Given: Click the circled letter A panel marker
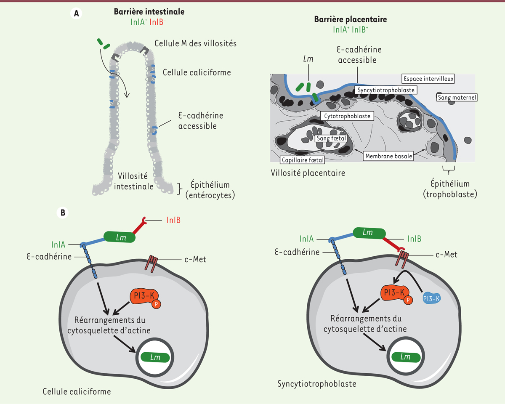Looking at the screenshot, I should pos(76,13).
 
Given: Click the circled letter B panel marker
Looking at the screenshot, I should pos(62,213).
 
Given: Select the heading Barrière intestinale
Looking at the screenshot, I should pos(149,12).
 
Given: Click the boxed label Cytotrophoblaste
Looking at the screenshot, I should pos(347,115).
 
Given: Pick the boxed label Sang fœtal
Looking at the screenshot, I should pos(330,138).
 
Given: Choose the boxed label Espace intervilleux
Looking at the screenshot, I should pos(429,78).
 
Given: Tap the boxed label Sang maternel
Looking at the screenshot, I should pos(457,98).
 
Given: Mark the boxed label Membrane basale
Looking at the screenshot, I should pos(388,156).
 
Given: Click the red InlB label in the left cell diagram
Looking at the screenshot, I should pos(173,220).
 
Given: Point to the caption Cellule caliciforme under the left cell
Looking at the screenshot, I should pos(77,391).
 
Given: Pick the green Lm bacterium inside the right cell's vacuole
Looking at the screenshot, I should pos(405,357).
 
